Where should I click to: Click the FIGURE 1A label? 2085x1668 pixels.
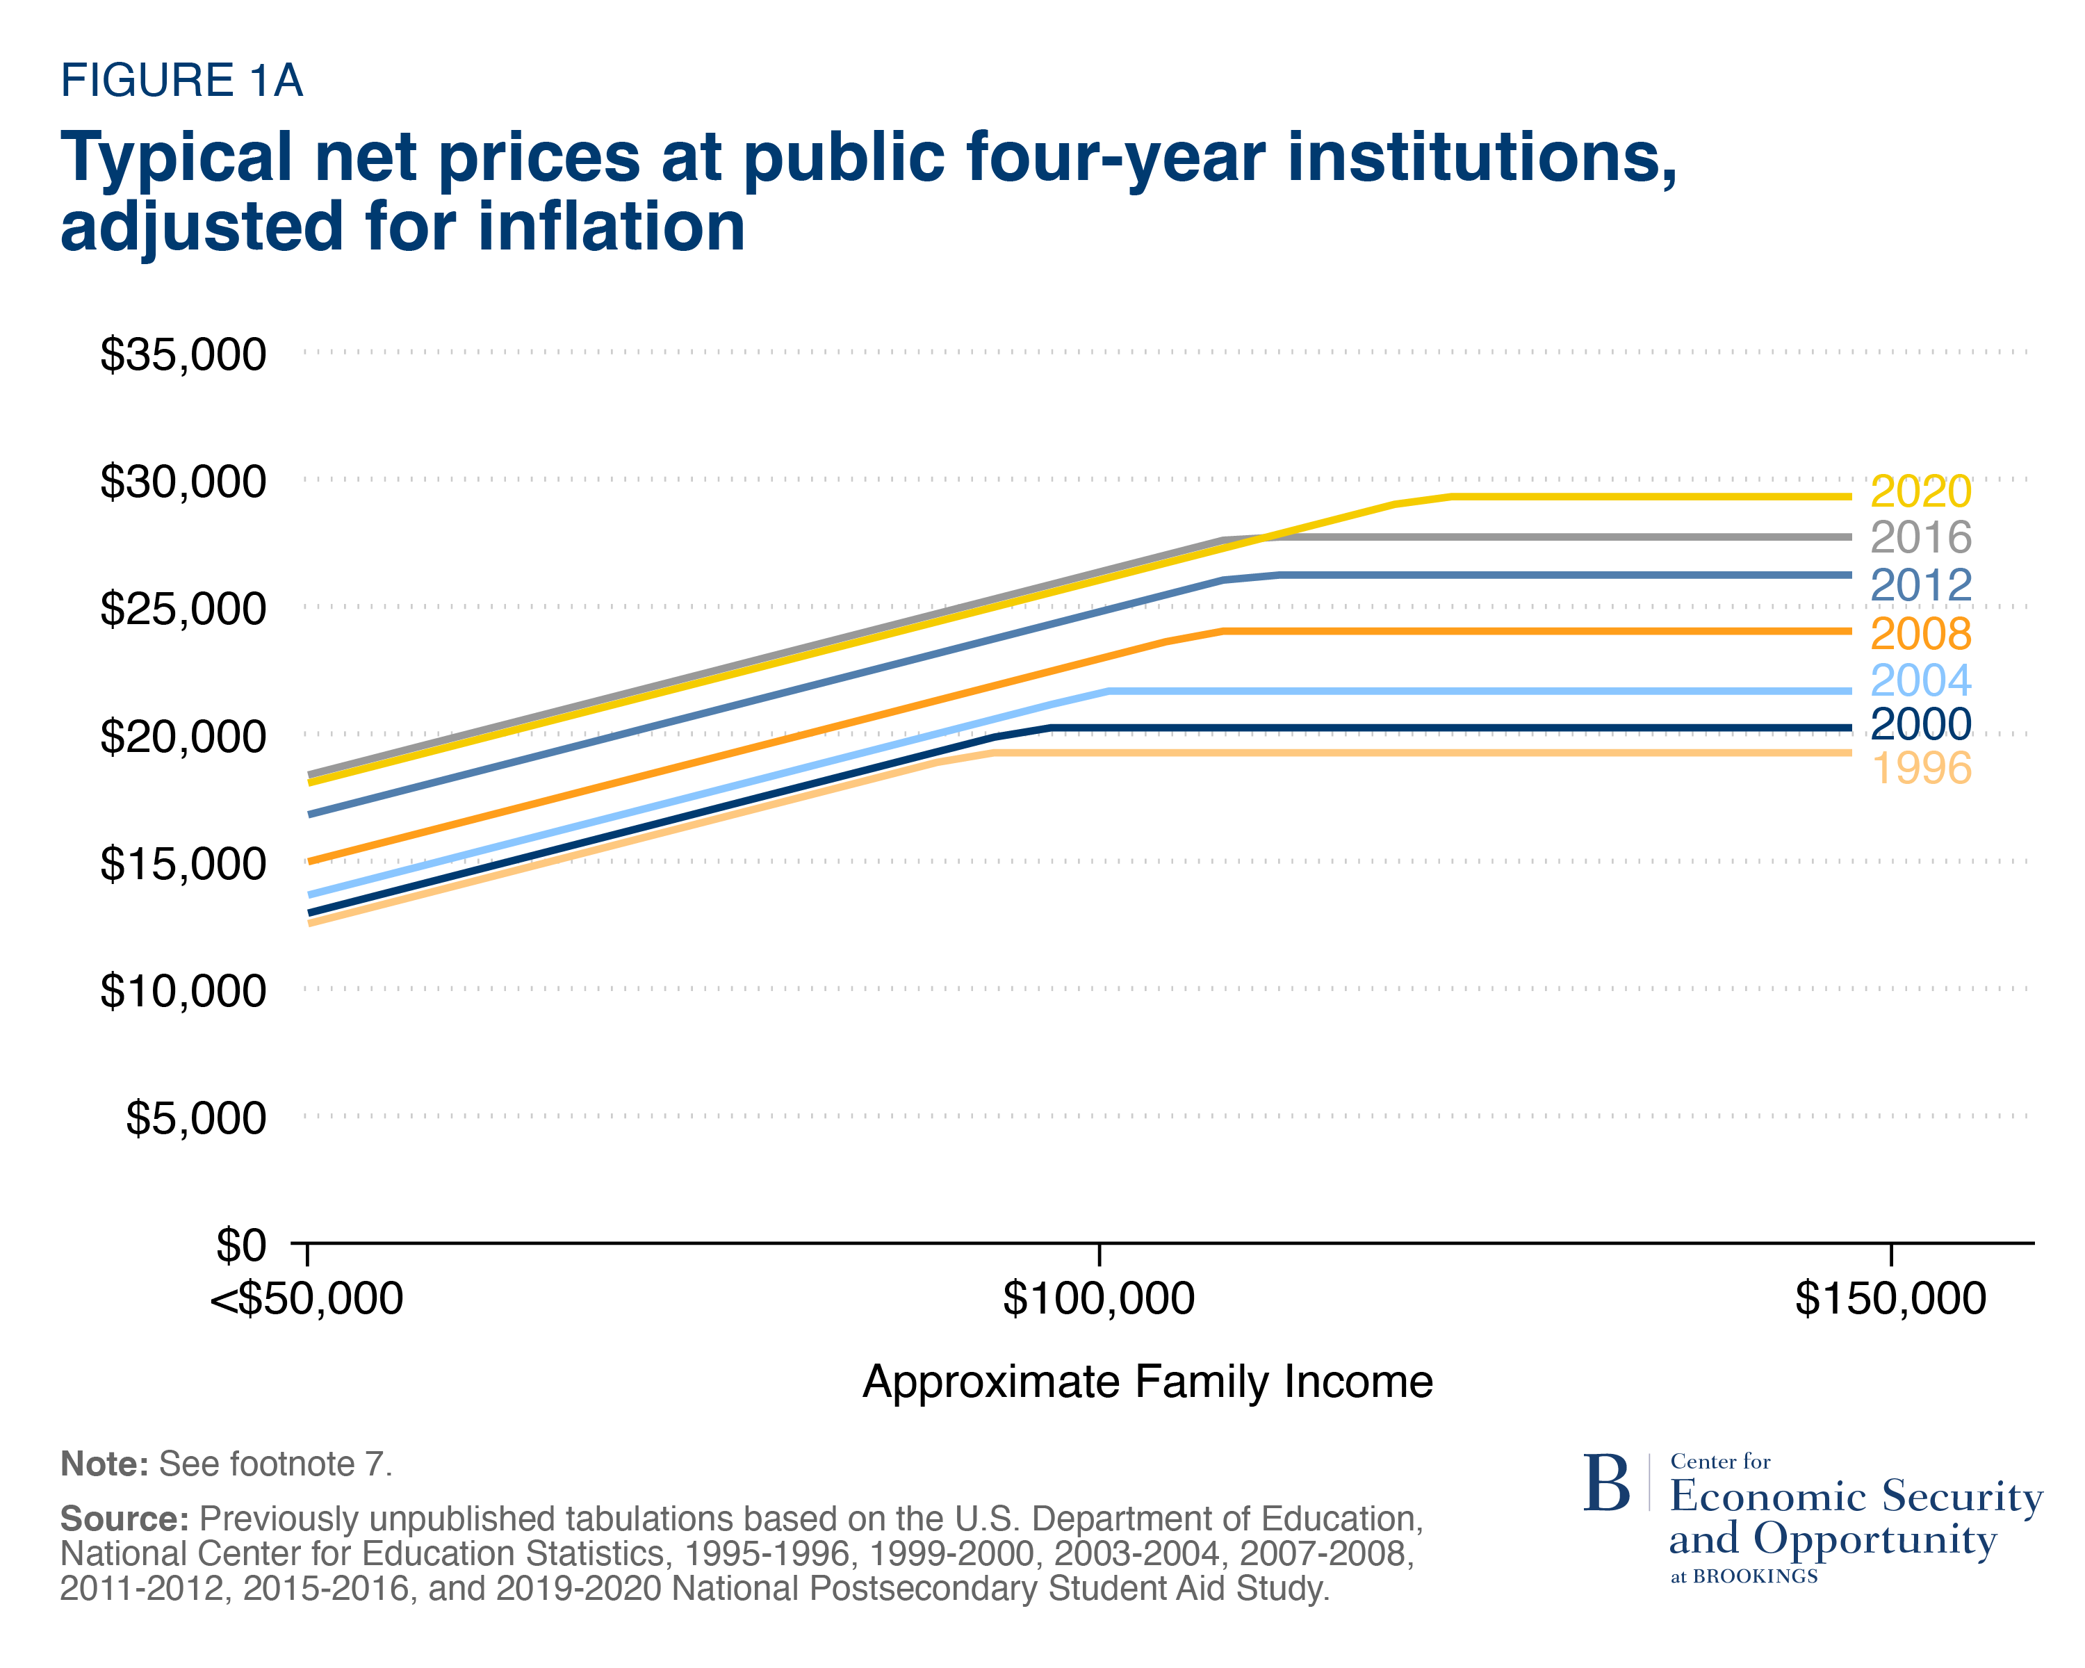tap(182, 80)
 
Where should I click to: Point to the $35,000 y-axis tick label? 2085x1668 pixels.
tap(183, 355)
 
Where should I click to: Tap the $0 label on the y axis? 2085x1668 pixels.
tap(240, 1246)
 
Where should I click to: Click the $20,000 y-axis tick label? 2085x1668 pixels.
tap(183, 737)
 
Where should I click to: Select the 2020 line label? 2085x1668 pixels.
tap(1920, 491)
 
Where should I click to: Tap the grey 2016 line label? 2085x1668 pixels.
tap(1920, 538)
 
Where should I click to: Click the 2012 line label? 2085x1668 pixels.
tap(1920, 585)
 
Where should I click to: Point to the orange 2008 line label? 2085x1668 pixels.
tap(1920, 633)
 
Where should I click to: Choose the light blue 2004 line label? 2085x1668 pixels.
tap(1920, 680)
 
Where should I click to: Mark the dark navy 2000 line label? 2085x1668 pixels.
tap(1920, 724)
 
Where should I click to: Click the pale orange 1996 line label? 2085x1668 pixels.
tap(1920, 769)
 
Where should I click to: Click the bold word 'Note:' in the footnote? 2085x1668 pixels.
tap(104, 1464)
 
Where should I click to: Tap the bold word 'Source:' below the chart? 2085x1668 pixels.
tap(124, 1519)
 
